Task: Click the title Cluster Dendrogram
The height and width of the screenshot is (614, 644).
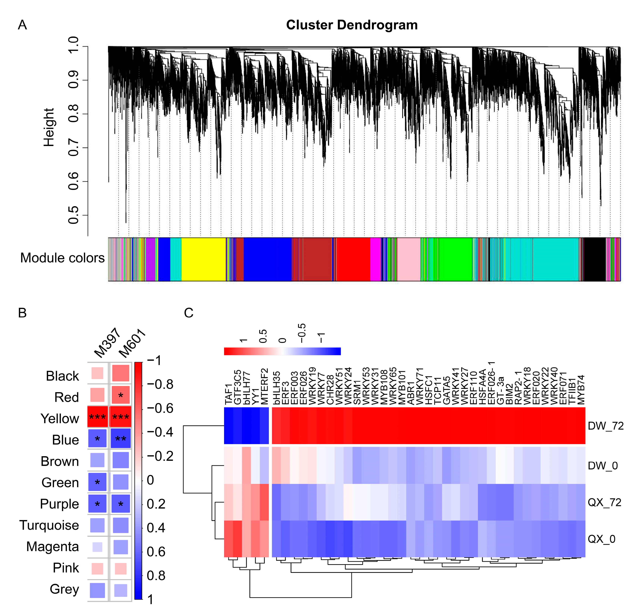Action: [352, 25]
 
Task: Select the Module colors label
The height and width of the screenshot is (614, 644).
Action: [62, 258]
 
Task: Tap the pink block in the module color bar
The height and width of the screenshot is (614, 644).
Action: [408, 259]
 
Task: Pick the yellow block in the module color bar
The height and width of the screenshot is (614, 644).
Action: [203, 259]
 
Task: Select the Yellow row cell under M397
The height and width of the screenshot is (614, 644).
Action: [98, 417]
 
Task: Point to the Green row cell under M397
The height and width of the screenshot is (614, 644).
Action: [98, 482]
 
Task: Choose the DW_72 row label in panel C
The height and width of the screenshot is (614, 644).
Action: [605, 426]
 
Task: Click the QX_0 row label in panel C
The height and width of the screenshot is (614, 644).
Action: [601, 539]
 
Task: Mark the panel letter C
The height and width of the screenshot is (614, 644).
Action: [189, 313]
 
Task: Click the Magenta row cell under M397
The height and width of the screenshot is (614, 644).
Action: [98, 547]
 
